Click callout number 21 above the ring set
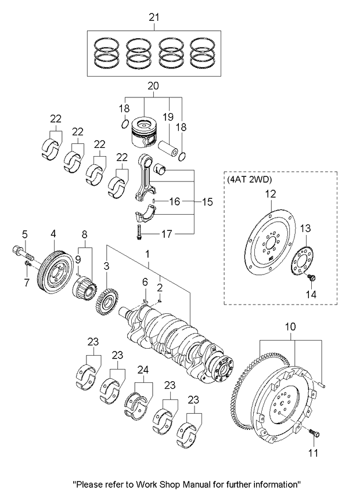(153, 19)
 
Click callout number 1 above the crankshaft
(147, 254)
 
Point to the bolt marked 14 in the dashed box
(312, 280)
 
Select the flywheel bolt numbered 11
(314, 433)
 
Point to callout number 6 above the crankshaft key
(146, 282)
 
